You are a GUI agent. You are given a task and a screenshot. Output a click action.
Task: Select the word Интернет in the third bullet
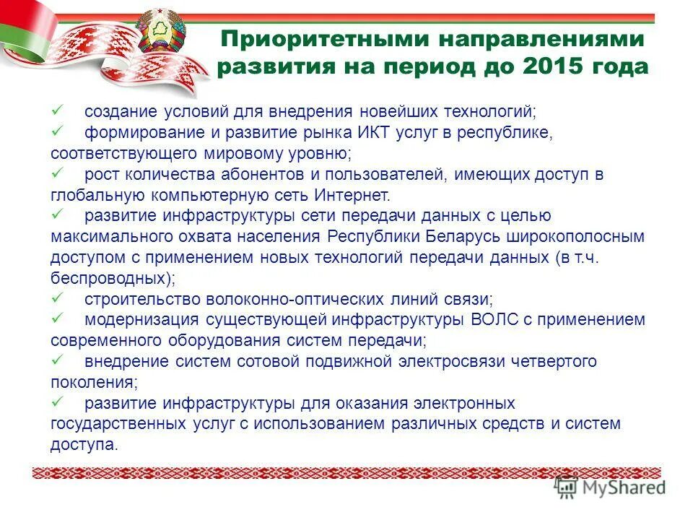coord(352,195)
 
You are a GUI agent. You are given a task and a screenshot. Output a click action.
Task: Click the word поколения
coord(92,382)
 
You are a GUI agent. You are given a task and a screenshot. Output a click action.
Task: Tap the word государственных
coord(122,424)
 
